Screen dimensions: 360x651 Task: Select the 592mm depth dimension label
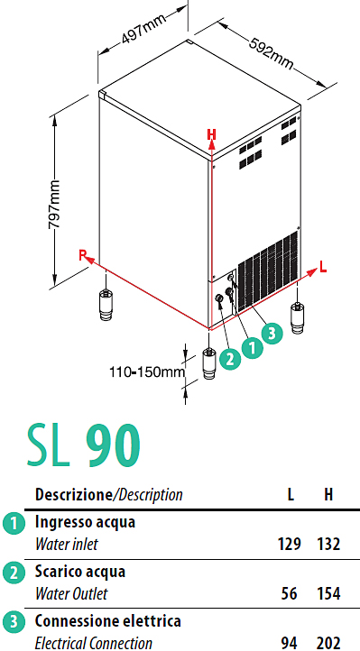(272, 54)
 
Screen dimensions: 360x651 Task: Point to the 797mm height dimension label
(54, 204)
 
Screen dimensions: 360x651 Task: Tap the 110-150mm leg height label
(147, 371)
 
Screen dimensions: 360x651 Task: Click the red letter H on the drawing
(212, 134)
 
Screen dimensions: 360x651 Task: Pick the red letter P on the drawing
(83, 255)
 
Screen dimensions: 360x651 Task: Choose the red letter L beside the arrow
(323, 268)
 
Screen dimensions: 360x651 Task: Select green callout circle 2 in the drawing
(230, 359)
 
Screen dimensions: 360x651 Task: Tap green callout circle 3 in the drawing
(272, 333)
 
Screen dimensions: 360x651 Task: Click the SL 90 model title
(84, 446)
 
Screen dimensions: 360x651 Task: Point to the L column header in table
(291, 494)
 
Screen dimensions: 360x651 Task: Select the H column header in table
(328, 494)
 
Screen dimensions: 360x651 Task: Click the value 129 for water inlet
(289, 544)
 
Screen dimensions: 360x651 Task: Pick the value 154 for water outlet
(328, 593)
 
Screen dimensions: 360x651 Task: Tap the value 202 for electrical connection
(328, 643)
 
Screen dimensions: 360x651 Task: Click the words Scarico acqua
(80, 572)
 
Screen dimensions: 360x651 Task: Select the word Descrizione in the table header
(73, 494)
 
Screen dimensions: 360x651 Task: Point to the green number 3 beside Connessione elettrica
(14, 622)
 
